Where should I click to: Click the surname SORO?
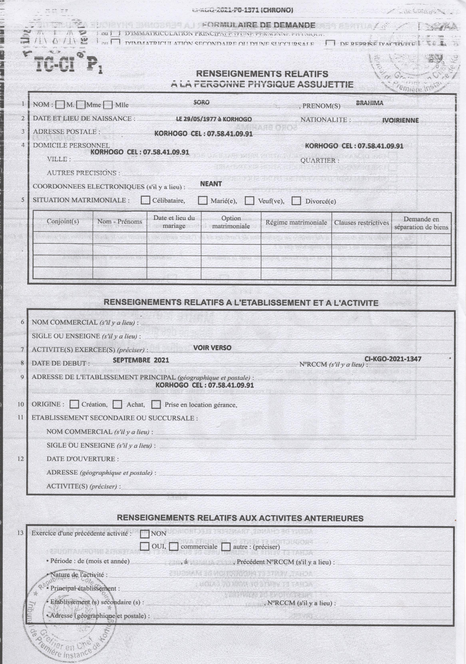pyautogui.click(x=202, y=102)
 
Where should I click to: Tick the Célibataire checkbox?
pyautogui.click(x=145, y=200)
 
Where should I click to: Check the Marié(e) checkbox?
pyautogui.click(x=203, y=200)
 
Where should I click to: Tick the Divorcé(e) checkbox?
pyautogui.click(x=296, y=201)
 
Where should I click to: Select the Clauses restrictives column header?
pyautogui.click(x=361, y=222)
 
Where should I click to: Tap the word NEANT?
pyautogui.click(x=211, y=184)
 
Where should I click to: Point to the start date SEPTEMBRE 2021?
pyautogui.click(x=141, y=360)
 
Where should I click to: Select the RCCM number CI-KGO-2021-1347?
pyautogui.click(x=393, y=359)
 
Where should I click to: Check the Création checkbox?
pyautogui.click(x=75, y=404)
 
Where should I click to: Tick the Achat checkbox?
pyautogui.click(x=117, y=404)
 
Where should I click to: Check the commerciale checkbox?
pyautogui.click(x=173, y=547)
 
